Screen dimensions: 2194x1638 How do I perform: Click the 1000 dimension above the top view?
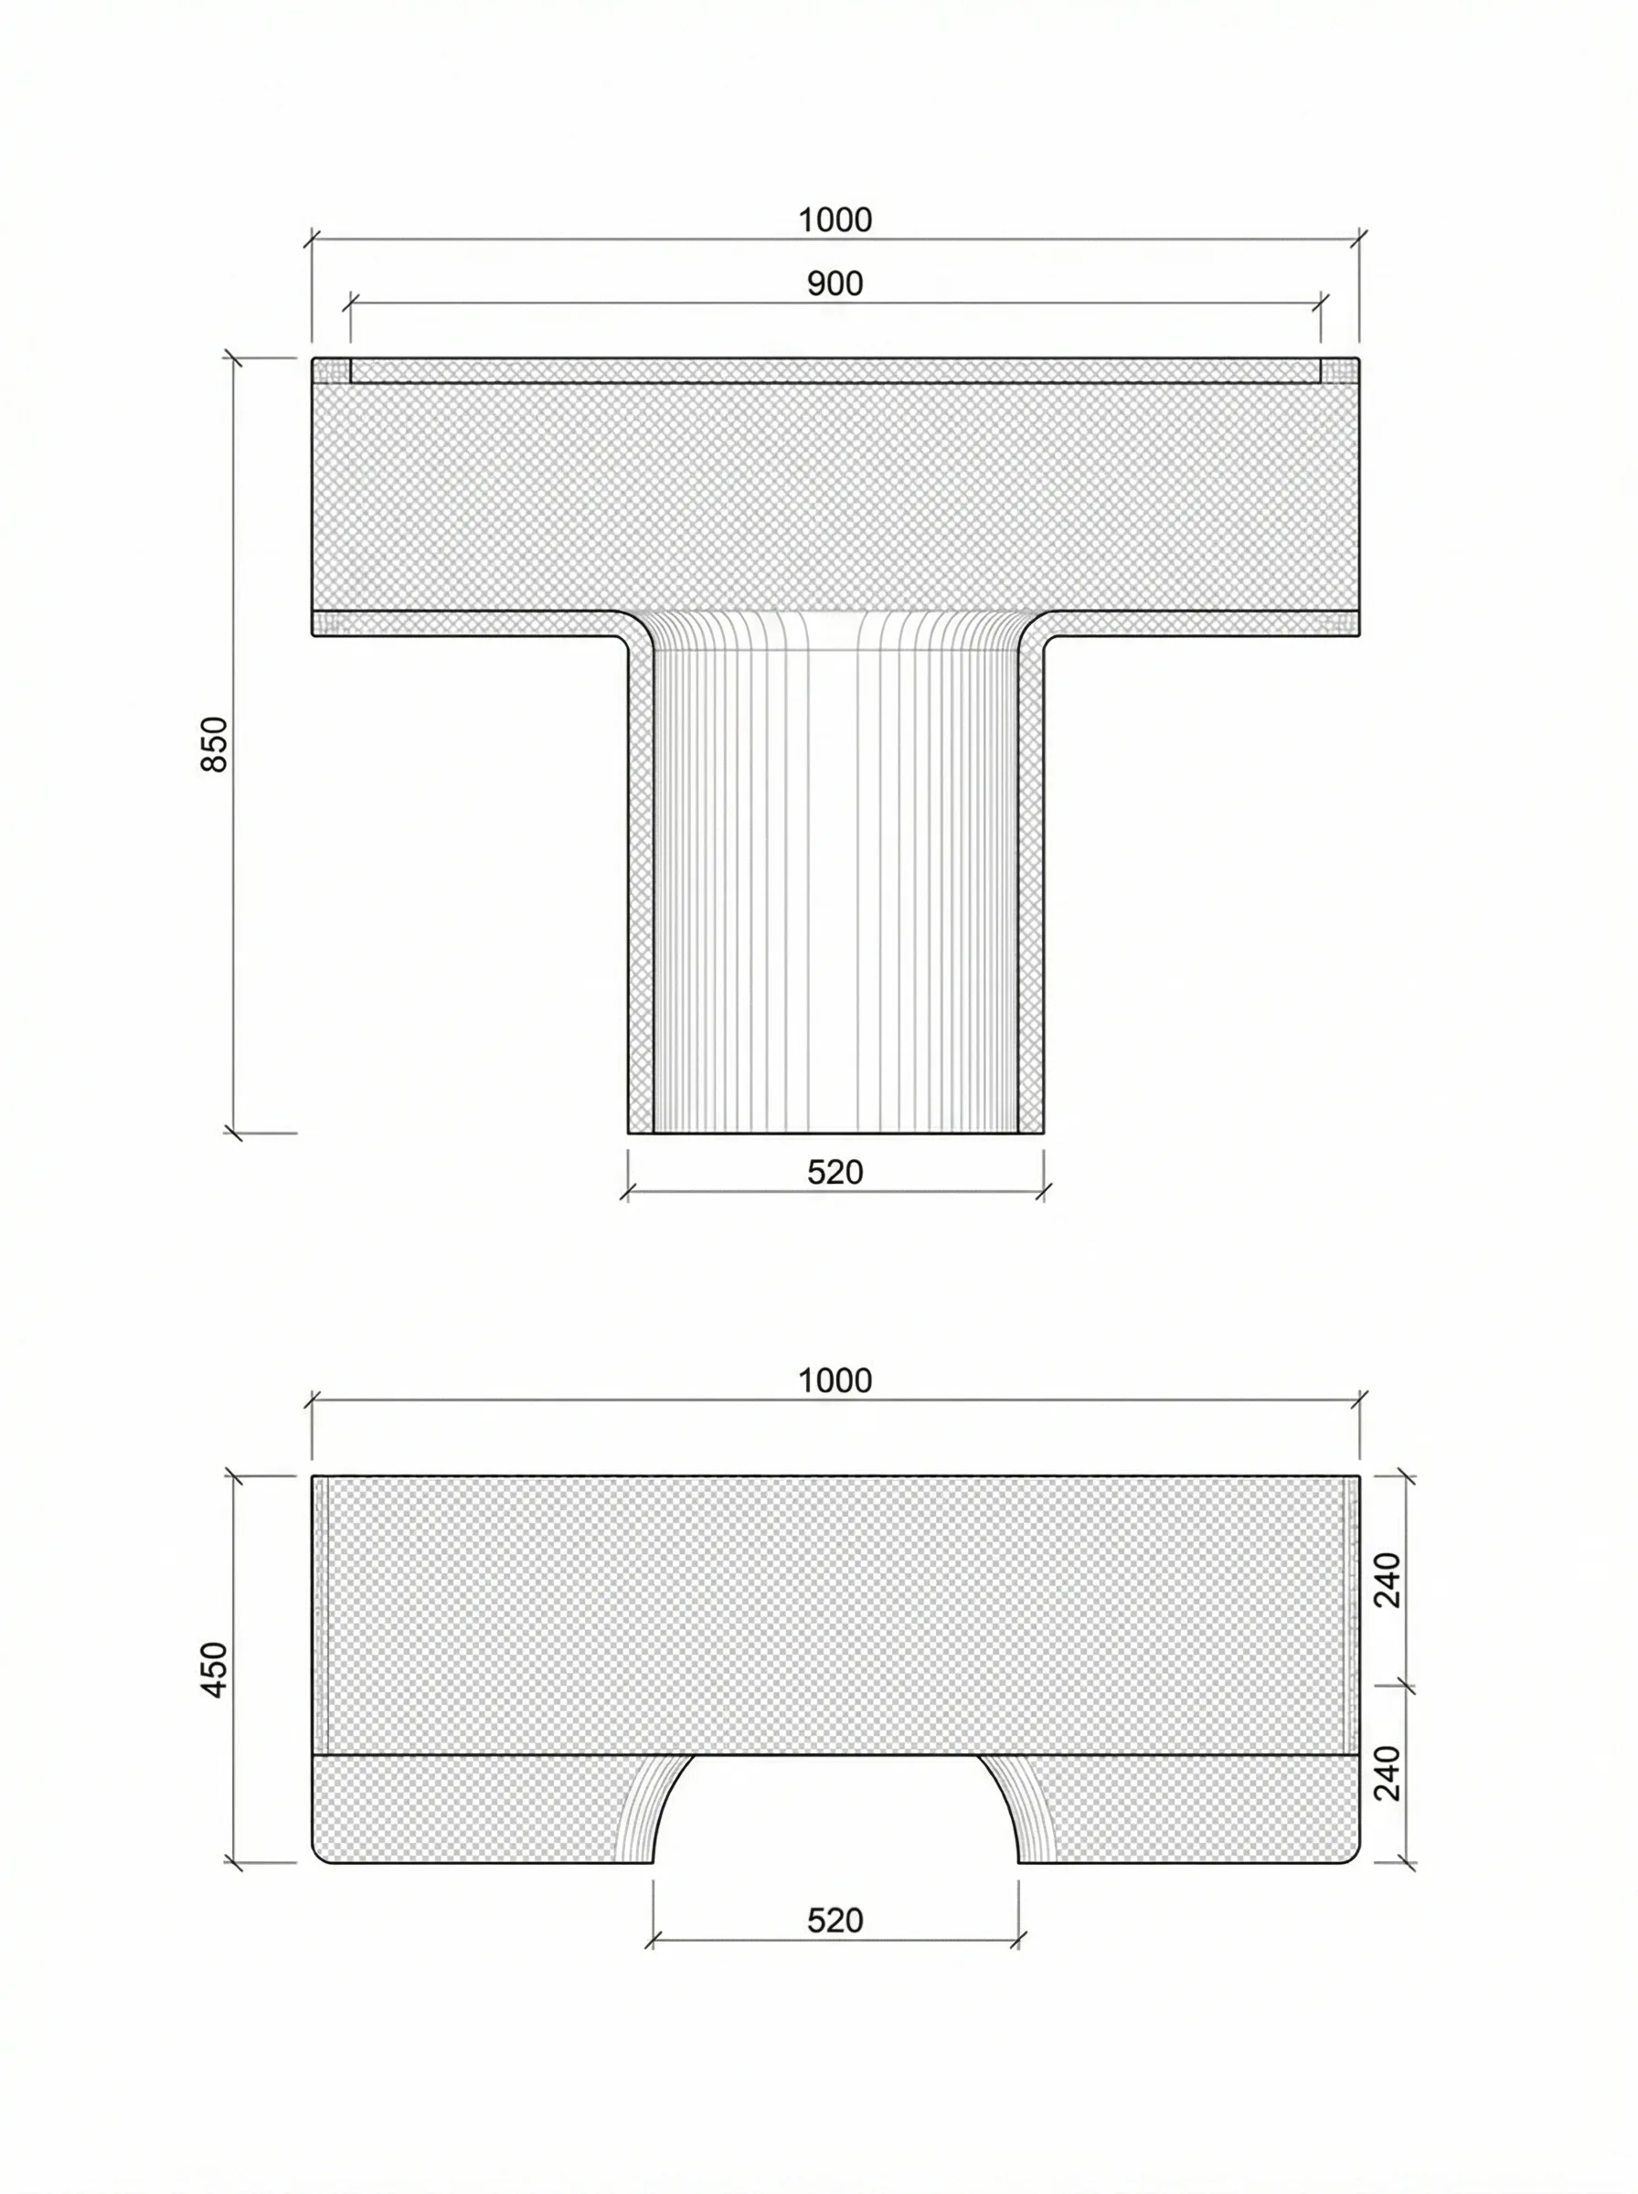(x=835, y=220)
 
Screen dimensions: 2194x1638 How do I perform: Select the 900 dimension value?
(x=835, y=284)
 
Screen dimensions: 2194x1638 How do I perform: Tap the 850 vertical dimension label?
(x=214, y=744)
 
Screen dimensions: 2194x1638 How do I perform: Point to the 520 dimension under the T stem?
(x=835, y=1173)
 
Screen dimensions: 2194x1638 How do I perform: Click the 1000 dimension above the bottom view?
(x=835, y=1381)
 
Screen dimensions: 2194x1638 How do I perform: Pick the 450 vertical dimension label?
(x=214, y=1669)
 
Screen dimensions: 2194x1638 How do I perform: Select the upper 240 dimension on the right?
(x=1388, y=1581)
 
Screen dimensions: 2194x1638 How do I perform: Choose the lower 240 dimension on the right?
(x=1388, y=1773)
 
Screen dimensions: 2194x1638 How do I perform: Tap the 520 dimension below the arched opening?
(x=835, y=1922)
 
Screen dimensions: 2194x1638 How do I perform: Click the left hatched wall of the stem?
(x=642, y=892)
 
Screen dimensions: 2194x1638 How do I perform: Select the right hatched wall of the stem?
(x=1031, y=892)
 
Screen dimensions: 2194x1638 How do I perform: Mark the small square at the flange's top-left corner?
(x=332, y=371)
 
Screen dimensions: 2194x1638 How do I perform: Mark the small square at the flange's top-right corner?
(x=1339, y=371)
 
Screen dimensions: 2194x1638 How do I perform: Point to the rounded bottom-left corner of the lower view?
(x=319, y=1855)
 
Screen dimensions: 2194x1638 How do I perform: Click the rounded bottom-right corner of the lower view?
(x=1353, y=1855)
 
